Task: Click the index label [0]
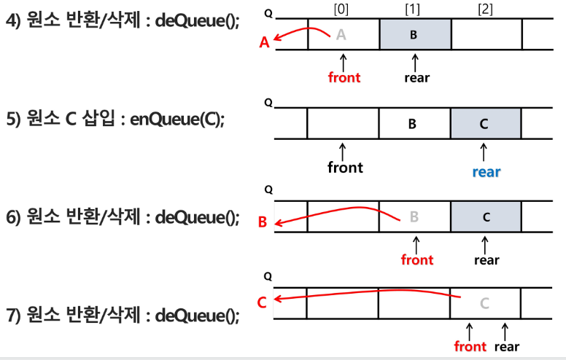pyautogui.click(x=341, y=10)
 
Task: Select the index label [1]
pyautogui.click(x=413, y=10)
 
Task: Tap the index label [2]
pyautogui.click(x=484, y=10)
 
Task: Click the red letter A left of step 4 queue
pyautogui.click(x=265, y=43)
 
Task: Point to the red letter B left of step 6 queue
pyautogui.click(x=263, y=221)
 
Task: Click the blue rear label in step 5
pyautogui.click(x=486, y=172)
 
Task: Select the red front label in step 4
pyautogui.click(x=344, y=77)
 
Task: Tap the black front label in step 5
pyautogui.click(x=345, y=168)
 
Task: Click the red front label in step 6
pyautogui.click(x=417, y=259)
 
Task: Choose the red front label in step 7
pyautogui.click(x=470, y=346)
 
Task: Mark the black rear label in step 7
pyautogui.click(x=507, y=346)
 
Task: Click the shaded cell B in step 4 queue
pyautogui.click(x=414, y=34)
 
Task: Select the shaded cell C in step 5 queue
pyautogui.click(x=485, y=124)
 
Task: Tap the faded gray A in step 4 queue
pyautogui.click(x=341, y=34)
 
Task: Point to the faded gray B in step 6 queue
pyautogui.click(x=414, y=216)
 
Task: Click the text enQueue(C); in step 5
pyautogui.click(x=177, y=120)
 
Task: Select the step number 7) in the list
pyautogui.click(x=14, y=316)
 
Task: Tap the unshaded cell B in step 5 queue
pyautogui.click(x=413, y=124)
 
